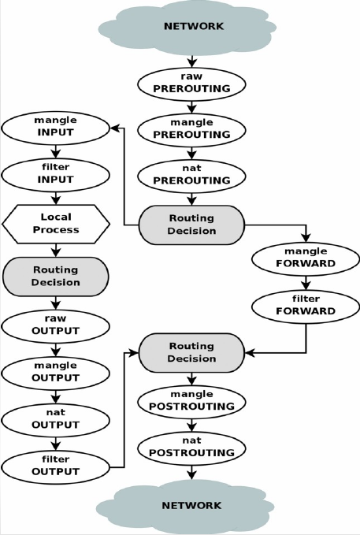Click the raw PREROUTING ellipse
[x=191, y=84]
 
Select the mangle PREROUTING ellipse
[x=191, y=130]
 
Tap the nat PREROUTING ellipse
[x=191, y=176]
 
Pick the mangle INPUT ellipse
[x=56, y=128]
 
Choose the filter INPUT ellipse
[x=56, y=176]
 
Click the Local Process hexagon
[x=56, y=224]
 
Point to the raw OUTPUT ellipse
[x=56, y=326]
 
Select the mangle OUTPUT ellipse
[x=56, y=373]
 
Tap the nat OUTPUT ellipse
[x=56, y=421]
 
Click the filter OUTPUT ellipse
[x=56, y=467]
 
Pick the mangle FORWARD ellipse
[x=306, y=259]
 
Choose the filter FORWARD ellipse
[x=306, y=307]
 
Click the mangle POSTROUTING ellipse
[x=191, y=403]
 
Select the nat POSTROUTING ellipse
[x=191, y=448]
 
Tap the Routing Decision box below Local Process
[x=56, y=277]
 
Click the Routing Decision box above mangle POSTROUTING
[x=191, y=353]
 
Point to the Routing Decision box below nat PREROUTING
[x=191, y=225]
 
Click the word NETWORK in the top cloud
[x=194, y=26]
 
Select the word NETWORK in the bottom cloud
[x=191, y=505]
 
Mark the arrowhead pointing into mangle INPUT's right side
[x=115, y=128]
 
